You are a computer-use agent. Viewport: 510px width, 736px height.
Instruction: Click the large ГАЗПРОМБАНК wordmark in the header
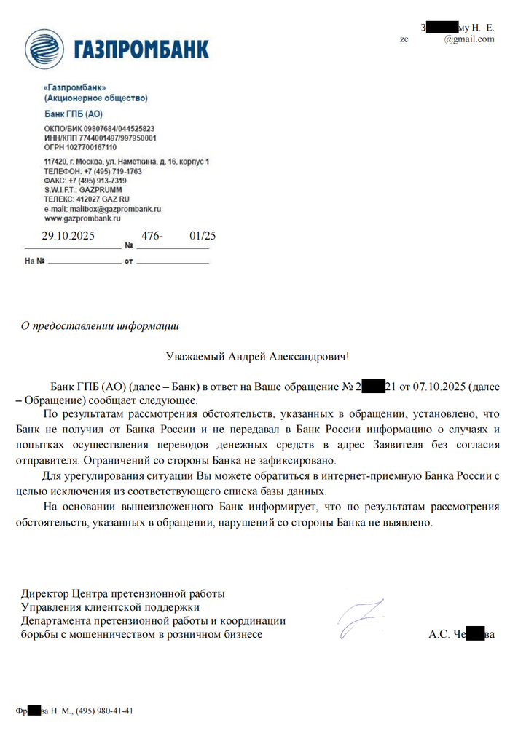[x=141, y=49]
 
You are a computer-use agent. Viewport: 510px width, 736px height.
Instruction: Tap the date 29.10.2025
[x=68, y=236]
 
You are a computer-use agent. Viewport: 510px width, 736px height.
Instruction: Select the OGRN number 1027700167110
[x=85, y=147]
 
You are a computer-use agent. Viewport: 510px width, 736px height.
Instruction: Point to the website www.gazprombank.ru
[x=82, y=218]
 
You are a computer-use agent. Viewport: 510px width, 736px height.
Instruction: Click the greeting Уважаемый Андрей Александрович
[x=257, y=357]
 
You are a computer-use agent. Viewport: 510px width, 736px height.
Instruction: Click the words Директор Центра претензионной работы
[x=123, y=593]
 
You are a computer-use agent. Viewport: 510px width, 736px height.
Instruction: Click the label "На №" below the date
[x=36, y=261]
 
